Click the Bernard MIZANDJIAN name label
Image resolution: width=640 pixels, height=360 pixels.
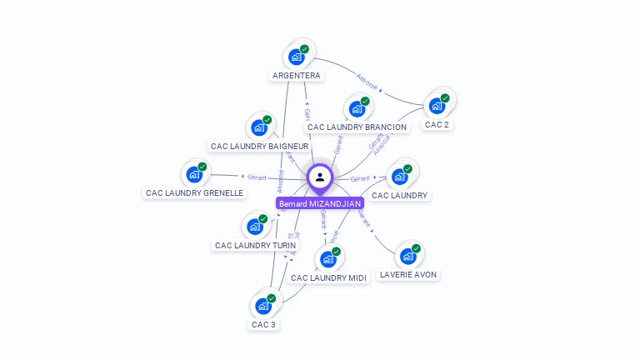(320, 203)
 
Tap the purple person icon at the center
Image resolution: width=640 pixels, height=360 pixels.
(320, 177)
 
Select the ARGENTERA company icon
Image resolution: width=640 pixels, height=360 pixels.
(296, 57)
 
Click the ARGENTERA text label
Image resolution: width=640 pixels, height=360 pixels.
(296, 76)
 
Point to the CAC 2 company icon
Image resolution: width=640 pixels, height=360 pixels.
(436, 106)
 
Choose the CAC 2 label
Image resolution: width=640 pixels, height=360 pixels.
(437, 125)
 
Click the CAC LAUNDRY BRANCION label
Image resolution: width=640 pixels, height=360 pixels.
(357, 127)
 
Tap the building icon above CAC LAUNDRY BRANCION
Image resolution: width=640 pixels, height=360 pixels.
(357, 108)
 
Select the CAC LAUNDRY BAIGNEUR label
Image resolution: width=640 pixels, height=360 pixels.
(259, 147)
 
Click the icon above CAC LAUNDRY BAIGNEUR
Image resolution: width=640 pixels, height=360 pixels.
(258, 127)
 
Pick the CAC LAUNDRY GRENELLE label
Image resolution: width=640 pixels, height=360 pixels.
(194, 193)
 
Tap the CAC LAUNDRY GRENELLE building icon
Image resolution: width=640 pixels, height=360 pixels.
(194, 174)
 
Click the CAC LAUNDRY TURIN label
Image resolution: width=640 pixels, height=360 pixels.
(255, 246)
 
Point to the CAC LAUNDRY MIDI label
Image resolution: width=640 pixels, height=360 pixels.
(328, 278)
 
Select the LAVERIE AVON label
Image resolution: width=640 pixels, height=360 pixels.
(407, 275)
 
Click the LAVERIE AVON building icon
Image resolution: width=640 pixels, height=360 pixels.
(407, 256)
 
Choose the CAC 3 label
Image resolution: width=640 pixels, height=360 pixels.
(263, 325)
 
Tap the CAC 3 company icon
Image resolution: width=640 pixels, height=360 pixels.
(263, 306)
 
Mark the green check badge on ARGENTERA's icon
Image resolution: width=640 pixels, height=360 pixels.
(305, 49)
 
